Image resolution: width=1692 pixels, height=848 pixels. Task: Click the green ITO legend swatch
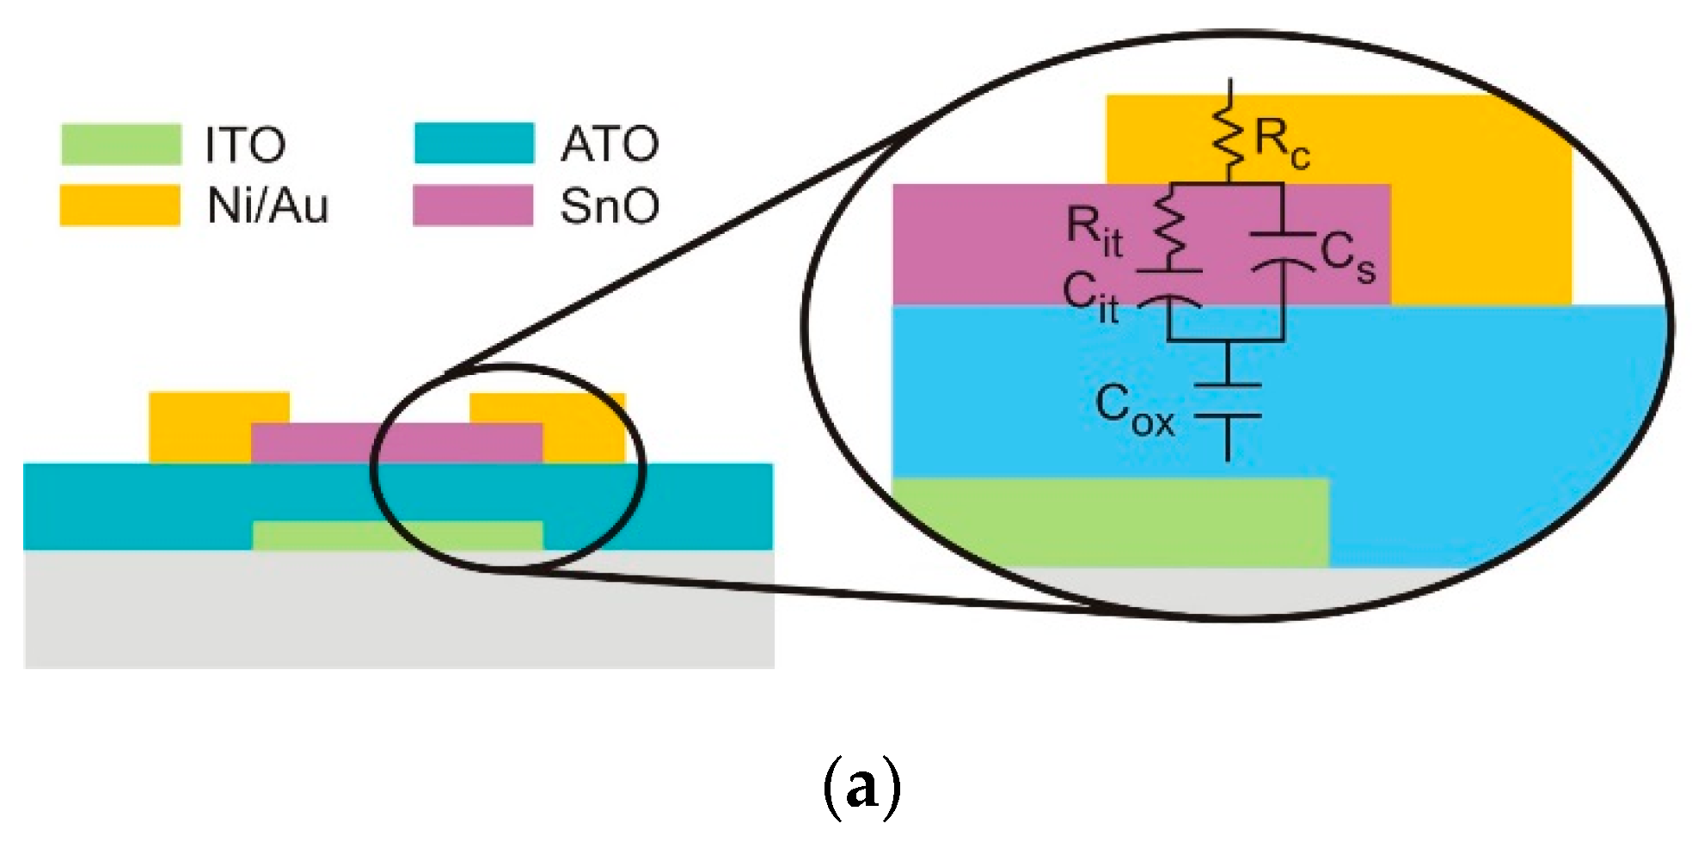click(x=121, y=144)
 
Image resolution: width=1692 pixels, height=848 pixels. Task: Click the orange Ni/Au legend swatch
click(x=120, y=206)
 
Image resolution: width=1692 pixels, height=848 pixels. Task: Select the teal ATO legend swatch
click(x=474, y=143)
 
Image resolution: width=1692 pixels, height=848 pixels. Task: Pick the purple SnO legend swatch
click(x=473, y=206)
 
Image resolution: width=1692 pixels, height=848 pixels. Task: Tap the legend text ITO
click(x=245, y=144)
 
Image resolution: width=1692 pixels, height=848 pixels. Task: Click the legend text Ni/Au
click(x=267, y=206)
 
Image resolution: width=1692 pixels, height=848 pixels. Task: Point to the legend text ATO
click(x=610, y=144)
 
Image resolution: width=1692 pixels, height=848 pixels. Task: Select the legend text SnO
click(x=610, y=206)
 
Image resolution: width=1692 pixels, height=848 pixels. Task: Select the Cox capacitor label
click(x=1134, y=410)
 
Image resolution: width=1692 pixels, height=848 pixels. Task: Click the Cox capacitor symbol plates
click(x=1228, y=401)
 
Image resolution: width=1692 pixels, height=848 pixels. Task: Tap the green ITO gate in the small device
click(x=397, y=535)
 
